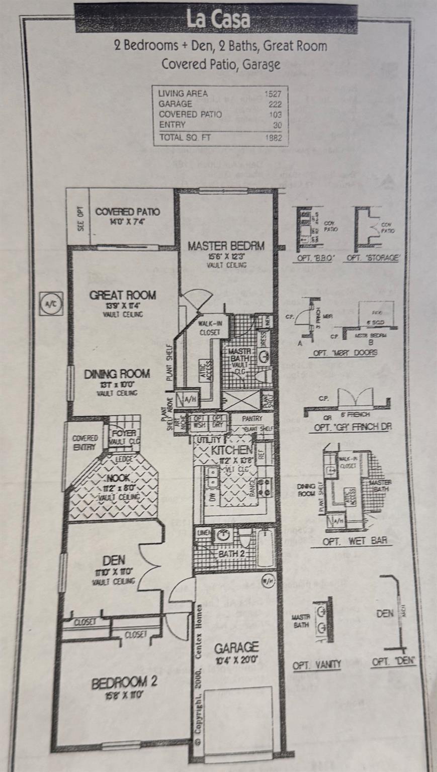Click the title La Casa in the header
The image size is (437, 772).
click(218, 20)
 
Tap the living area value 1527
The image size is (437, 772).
click(273, 93)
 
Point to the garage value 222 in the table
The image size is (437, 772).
click(275, 104)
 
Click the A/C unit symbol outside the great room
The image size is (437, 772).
click(51, 304)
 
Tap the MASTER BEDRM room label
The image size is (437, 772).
click(226, 246)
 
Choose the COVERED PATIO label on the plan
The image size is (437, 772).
click(128, 212)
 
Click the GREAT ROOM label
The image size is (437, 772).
click(123, 295)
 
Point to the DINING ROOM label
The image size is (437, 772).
click(117, 374)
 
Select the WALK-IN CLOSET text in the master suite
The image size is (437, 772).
click(210, 328)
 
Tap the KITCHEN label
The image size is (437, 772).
click(231, 450)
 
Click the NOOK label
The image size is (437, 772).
click(119, 478)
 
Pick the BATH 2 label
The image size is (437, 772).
click(231, 553)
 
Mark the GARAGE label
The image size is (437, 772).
click(236, 647)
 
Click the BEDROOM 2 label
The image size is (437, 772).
click(124, 683)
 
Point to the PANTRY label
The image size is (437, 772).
click(252, 418)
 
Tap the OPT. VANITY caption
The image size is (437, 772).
click(317, 664)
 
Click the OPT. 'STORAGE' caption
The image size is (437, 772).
click(373, 258)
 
